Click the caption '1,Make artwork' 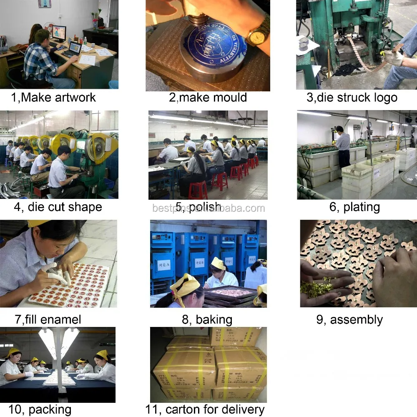(x=53, y=98)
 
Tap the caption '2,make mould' (x=208, y=98)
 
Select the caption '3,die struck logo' (x=352, y=98)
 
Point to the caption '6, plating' (x=354, y=207)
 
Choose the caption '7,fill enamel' (x=48, y=319)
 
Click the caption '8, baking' (x=207, y=319)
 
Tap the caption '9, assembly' (x=349, y=319)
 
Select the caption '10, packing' (x=40, y=409)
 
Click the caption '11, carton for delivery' (x=205, y=409)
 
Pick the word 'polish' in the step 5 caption (x=204, y=207)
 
